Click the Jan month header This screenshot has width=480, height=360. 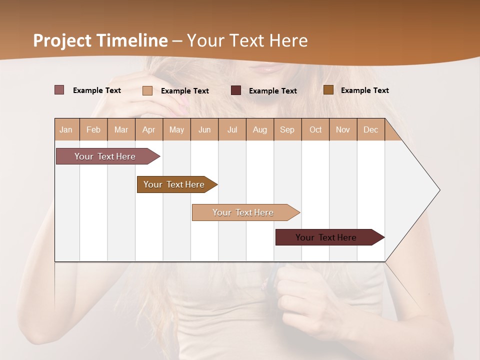click(66, 129)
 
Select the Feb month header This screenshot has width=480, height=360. click(93, 129)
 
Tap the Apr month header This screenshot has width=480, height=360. click(149, 129)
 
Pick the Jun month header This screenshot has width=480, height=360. click(204, 129)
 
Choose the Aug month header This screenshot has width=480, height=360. click(260, 129)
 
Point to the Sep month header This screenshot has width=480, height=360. click(287, 129)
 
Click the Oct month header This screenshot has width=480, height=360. click(315, 129)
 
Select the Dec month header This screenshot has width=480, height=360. click(371, 129)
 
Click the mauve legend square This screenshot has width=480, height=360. click(59, 90)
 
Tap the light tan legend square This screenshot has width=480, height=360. click(147, 90)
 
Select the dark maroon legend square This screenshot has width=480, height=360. click(236, 90)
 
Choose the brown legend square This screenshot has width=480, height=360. click(328, 90)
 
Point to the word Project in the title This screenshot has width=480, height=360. click(62, 40)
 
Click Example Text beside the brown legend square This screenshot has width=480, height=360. click(364, 90)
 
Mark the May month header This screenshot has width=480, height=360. click(176, 129)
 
